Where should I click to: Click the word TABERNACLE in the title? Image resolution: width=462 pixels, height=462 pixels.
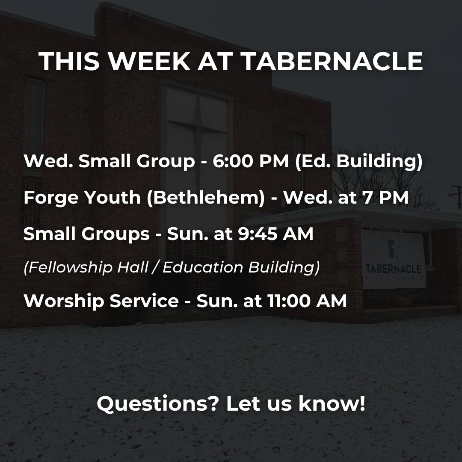coord(332,62)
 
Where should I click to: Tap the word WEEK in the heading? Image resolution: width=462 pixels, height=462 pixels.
coord(148,62)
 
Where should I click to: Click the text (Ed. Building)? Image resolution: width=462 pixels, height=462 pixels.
coord(359,162)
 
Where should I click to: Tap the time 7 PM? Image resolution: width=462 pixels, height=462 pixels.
coord(388,198)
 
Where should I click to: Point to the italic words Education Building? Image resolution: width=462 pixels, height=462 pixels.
coord(241,268)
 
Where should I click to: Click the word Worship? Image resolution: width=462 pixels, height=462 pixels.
coord(64,301)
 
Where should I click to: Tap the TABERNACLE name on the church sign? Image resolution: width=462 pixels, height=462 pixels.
coord(393,269)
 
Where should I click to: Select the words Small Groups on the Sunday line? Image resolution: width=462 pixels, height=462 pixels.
coord(86,234)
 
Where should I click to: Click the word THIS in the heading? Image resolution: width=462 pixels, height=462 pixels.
coord(69,62)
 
